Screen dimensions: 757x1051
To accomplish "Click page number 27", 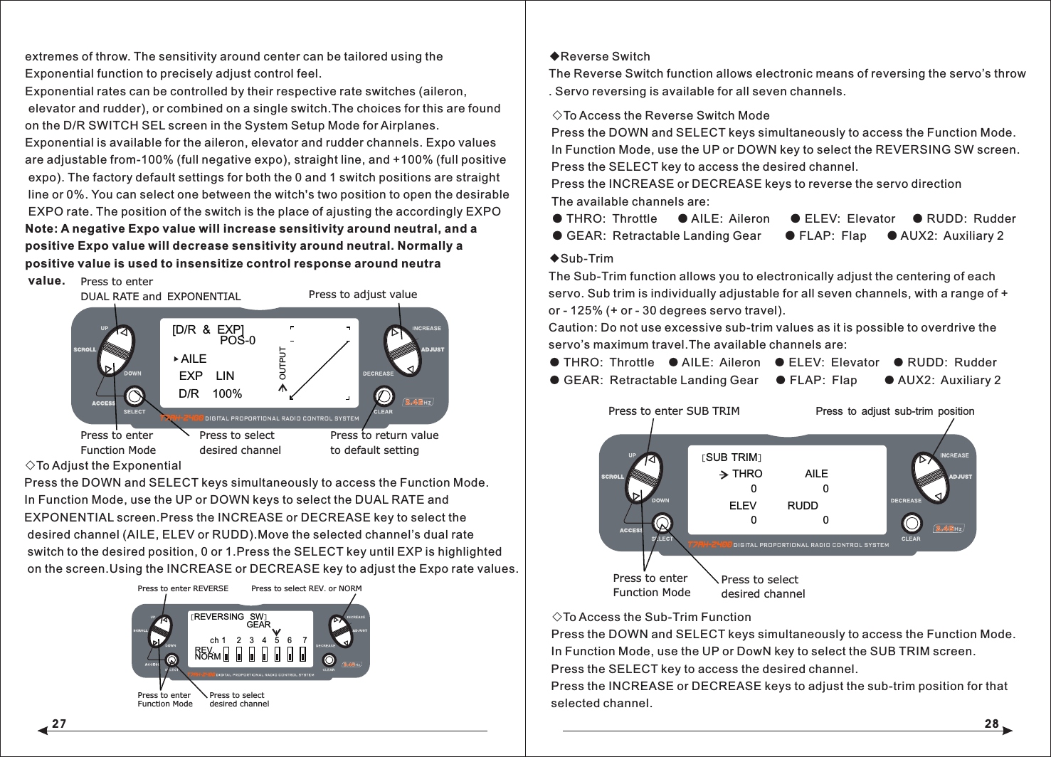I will [x=59, y=724].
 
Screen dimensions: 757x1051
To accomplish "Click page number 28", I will [x=991, y=724].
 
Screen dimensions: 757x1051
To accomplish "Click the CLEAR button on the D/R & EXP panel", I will [x=383, y=396].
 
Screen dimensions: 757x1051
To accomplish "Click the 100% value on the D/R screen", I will [x=227, y=393].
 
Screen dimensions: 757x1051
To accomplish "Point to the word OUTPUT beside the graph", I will [x=282, y=364].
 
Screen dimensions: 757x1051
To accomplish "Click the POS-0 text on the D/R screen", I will [x=237, y=340].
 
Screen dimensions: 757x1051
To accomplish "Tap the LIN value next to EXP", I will [x=225, y=376].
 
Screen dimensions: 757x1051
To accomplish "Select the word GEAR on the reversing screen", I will [x=258, y=625].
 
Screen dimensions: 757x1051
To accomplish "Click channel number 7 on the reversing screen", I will [x=305, y=640].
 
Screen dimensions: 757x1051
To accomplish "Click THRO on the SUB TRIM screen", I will [x=746, y=474].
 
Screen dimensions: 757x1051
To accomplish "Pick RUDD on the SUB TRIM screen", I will [x=803, y=506].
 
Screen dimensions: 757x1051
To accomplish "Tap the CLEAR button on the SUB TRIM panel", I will [x=911, y=524].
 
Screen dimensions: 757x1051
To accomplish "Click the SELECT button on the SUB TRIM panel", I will [x=662, y=524].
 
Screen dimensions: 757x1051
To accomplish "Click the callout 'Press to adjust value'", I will [x=362, y=295].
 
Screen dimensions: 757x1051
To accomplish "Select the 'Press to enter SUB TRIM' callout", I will [x=674, y=411].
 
